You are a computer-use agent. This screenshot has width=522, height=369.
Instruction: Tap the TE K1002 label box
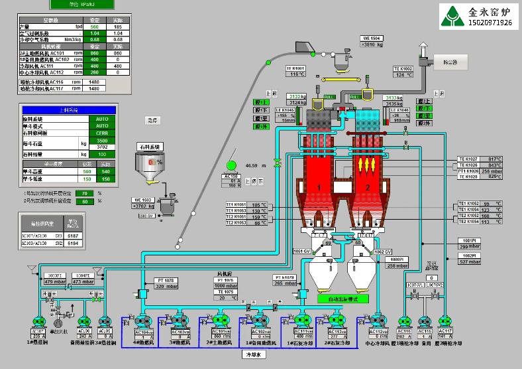pos(403,68)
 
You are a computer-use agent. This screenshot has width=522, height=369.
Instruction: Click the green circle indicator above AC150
pos(231,164)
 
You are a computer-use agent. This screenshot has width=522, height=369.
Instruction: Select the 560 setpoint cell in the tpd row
pos(95,27)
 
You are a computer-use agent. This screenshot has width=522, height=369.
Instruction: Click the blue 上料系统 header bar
pos(69,110)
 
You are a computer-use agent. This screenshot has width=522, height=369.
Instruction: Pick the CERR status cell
pos(102,133)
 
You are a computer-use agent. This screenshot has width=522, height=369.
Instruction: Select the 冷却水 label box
pos(256,354)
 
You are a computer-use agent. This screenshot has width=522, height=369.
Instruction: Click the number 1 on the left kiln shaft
pos(319,188)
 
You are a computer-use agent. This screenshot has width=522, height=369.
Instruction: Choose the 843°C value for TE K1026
pos(495,165)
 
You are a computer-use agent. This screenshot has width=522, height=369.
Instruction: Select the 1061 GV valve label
pos(302,252)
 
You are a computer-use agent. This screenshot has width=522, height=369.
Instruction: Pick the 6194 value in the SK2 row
pos(73,244)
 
